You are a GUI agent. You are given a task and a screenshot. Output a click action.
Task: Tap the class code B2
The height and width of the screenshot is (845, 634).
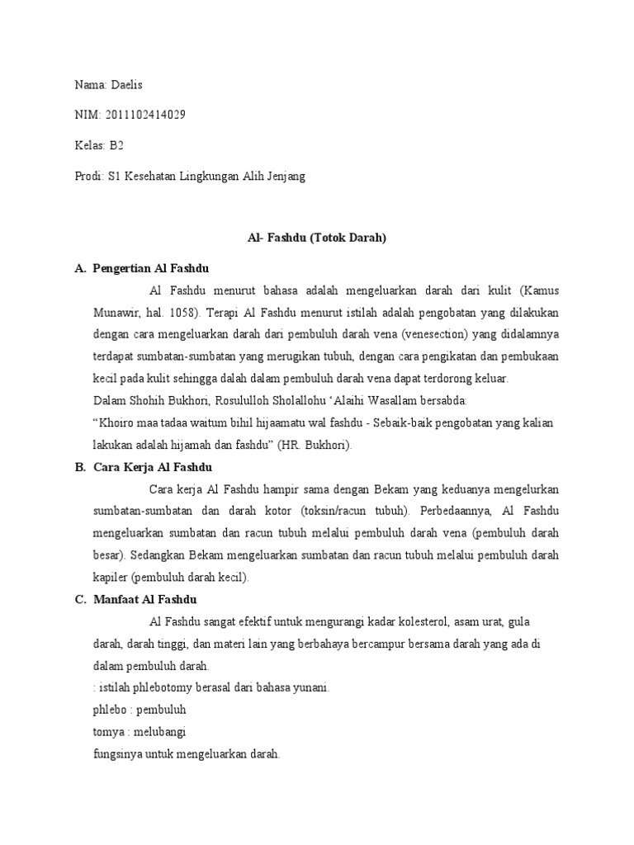pos(116,146)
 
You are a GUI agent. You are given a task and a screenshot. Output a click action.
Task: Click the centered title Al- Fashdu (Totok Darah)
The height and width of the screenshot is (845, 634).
pos(317,238)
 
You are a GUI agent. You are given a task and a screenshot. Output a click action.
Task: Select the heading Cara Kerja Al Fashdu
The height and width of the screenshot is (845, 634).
pos(154,467)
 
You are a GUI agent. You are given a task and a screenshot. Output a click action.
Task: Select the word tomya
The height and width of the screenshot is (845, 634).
pos(110,731)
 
